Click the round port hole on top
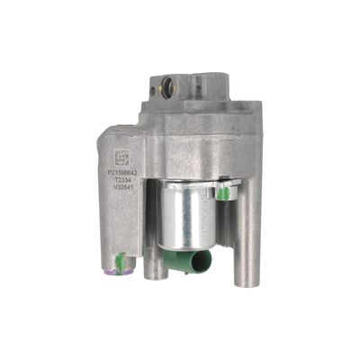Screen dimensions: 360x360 pos(166,88)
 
